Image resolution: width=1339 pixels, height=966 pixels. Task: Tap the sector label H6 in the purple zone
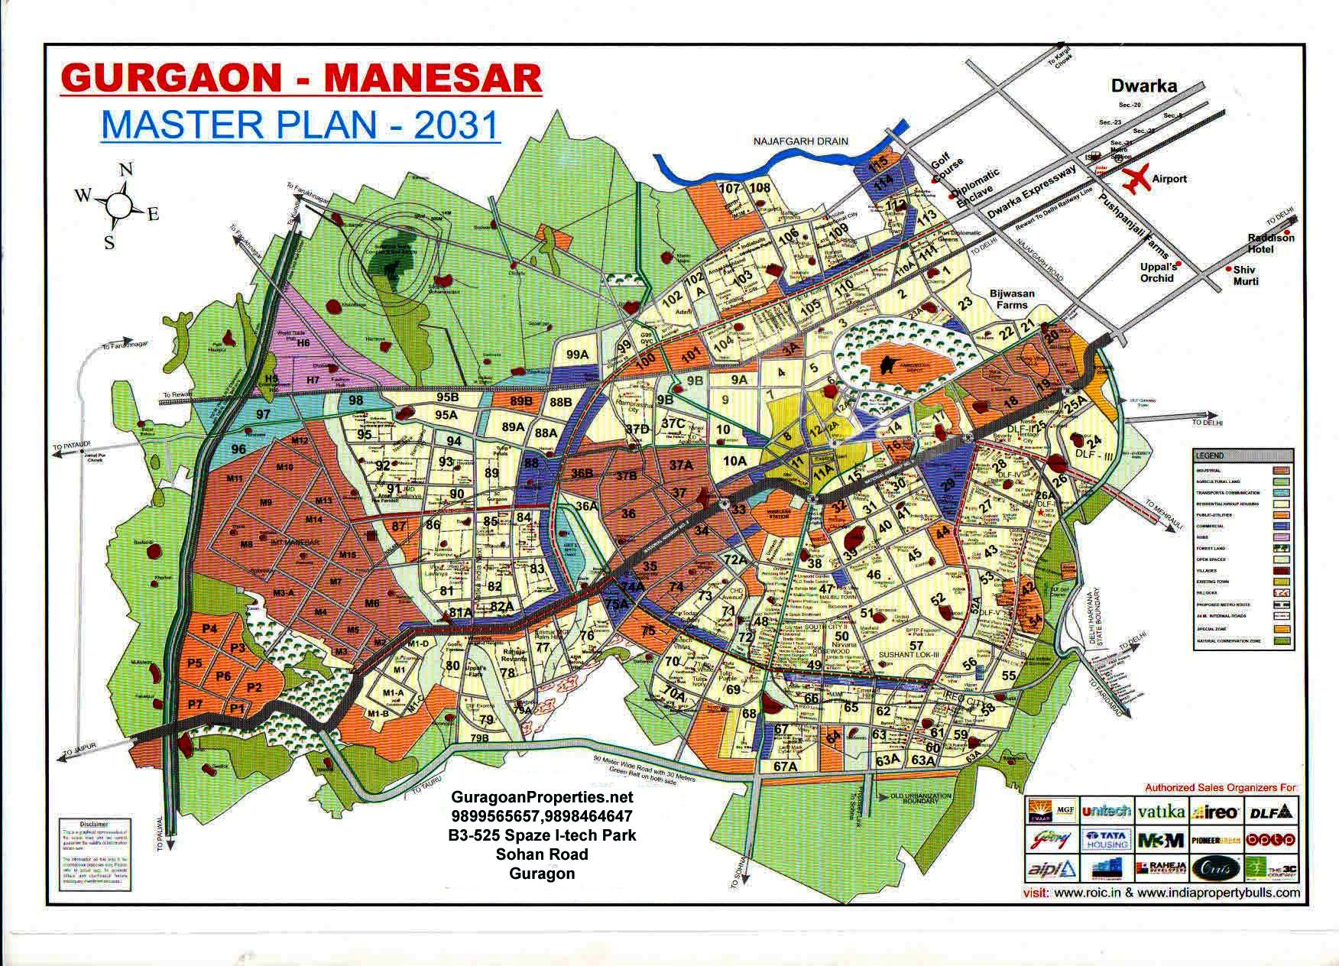[303, 343]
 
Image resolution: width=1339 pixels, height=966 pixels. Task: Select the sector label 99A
[577, 354]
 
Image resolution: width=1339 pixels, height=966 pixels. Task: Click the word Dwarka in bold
[1143, 86]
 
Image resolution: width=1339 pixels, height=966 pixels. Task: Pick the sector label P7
[195, 703]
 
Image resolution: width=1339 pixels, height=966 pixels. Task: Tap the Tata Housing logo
[1105, 840]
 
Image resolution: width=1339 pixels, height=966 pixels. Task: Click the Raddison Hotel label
[1271, 243]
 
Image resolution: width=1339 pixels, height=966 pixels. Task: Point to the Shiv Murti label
[1245, 275]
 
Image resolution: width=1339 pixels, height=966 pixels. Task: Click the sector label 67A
[785, 766]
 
